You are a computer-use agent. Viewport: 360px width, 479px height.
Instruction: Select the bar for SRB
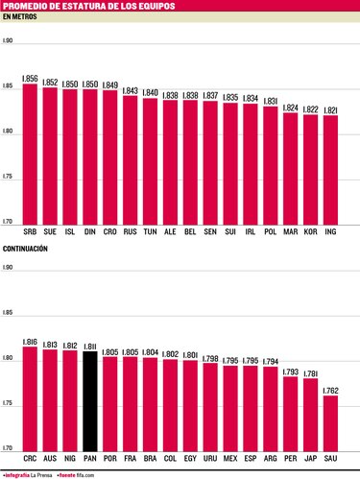click(30, 154)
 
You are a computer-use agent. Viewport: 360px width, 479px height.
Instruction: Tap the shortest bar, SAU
click(330, 421)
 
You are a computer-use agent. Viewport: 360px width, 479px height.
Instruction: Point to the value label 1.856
click(30, 77)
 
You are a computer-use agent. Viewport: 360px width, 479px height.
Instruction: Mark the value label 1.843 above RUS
click(130, 89)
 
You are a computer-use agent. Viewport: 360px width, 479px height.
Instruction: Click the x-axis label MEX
click(230, 458)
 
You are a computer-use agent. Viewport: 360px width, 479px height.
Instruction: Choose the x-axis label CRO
click(110, 232)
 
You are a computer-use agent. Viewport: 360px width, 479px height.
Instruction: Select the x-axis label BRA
click(150, 458)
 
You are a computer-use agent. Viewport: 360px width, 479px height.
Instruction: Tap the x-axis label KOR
click(310, 232)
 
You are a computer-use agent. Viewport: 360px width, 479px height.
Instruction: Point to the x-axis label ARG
click(270, 458)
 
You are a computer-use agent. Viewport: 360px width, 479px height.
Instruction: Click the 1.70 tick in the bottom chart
click(8, 448)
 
